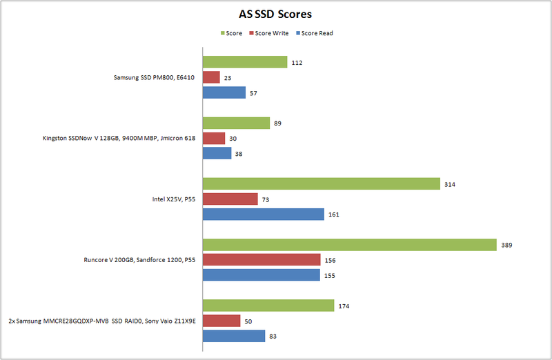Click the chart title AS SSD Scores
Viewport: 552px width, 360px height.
276,14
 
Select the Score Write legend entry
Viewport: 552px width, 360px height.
271,33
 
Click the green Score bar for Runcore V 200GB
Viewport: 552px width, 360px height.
349,245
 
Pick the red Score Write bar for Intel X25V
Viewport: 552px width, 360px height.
230,199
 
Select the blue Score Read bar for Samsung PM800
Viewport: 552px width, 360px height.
224,92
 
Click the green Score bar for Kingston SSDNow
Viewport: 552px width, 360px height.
235,123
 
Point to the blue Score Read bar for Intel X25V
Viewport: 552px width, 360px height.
263,214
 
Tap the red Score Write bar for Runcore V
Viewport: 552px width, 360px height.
261,260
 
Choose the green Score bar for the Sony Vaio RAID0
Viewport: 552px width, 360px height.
268,306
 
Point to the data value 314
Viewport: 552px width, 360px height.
451,184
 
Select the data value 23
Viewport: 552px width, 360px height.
229,77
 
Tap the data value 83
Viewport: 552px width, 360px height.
274,336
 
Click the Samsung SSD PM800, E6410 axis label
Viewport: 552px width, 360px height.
154,77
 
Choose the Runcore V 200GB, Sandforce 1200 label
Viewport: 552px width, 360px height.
138,260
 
